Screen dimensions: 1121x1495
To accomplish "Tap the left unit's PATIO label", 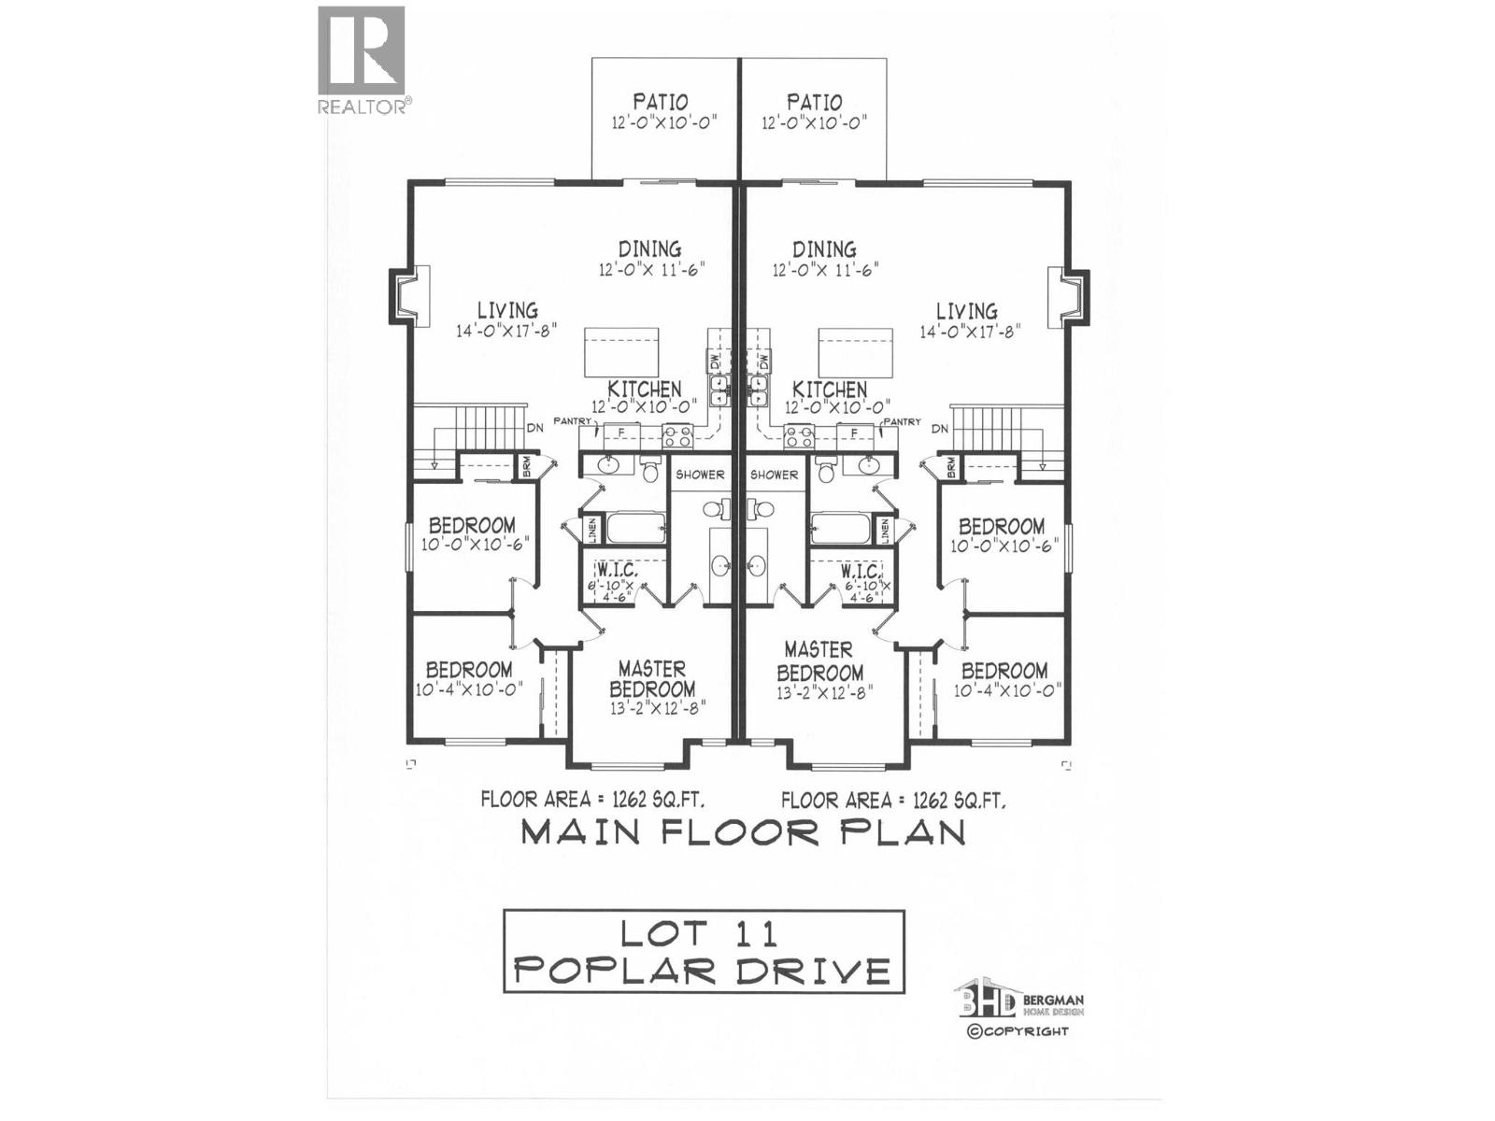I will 661,102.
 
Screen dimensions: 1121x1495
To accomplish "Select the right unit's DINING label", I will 824,249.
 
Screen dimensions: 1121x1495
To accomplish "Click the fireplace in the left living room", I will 409,296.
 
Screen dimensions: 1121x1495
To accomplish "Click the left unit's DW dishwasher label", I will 715,361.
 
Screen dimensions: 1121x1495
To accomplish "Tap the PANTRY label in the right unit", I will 903,422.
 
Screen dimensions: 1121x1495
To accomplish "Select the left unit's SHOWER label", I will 700,475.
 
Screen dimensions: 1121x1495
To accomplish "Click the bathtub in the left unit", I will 636,529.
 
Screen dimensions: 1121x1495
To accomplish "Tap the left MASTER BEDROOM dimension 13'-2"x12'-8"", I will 657,708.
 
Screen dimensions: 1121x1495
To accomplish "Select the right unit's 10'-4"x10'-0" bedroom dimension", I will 1007,690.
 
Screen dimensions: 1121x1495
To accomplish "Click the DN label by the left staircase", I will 534,428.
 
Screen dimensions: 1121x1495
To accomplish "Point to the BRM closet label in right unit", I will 950,466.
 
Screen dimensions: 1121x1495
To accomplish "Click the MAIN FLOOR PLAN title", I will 742,831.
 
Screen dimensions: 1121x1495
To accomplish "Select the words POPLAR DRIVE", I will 703,971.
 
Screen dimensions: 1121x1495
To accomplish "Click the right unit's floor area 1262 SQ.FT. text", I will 893,800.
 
